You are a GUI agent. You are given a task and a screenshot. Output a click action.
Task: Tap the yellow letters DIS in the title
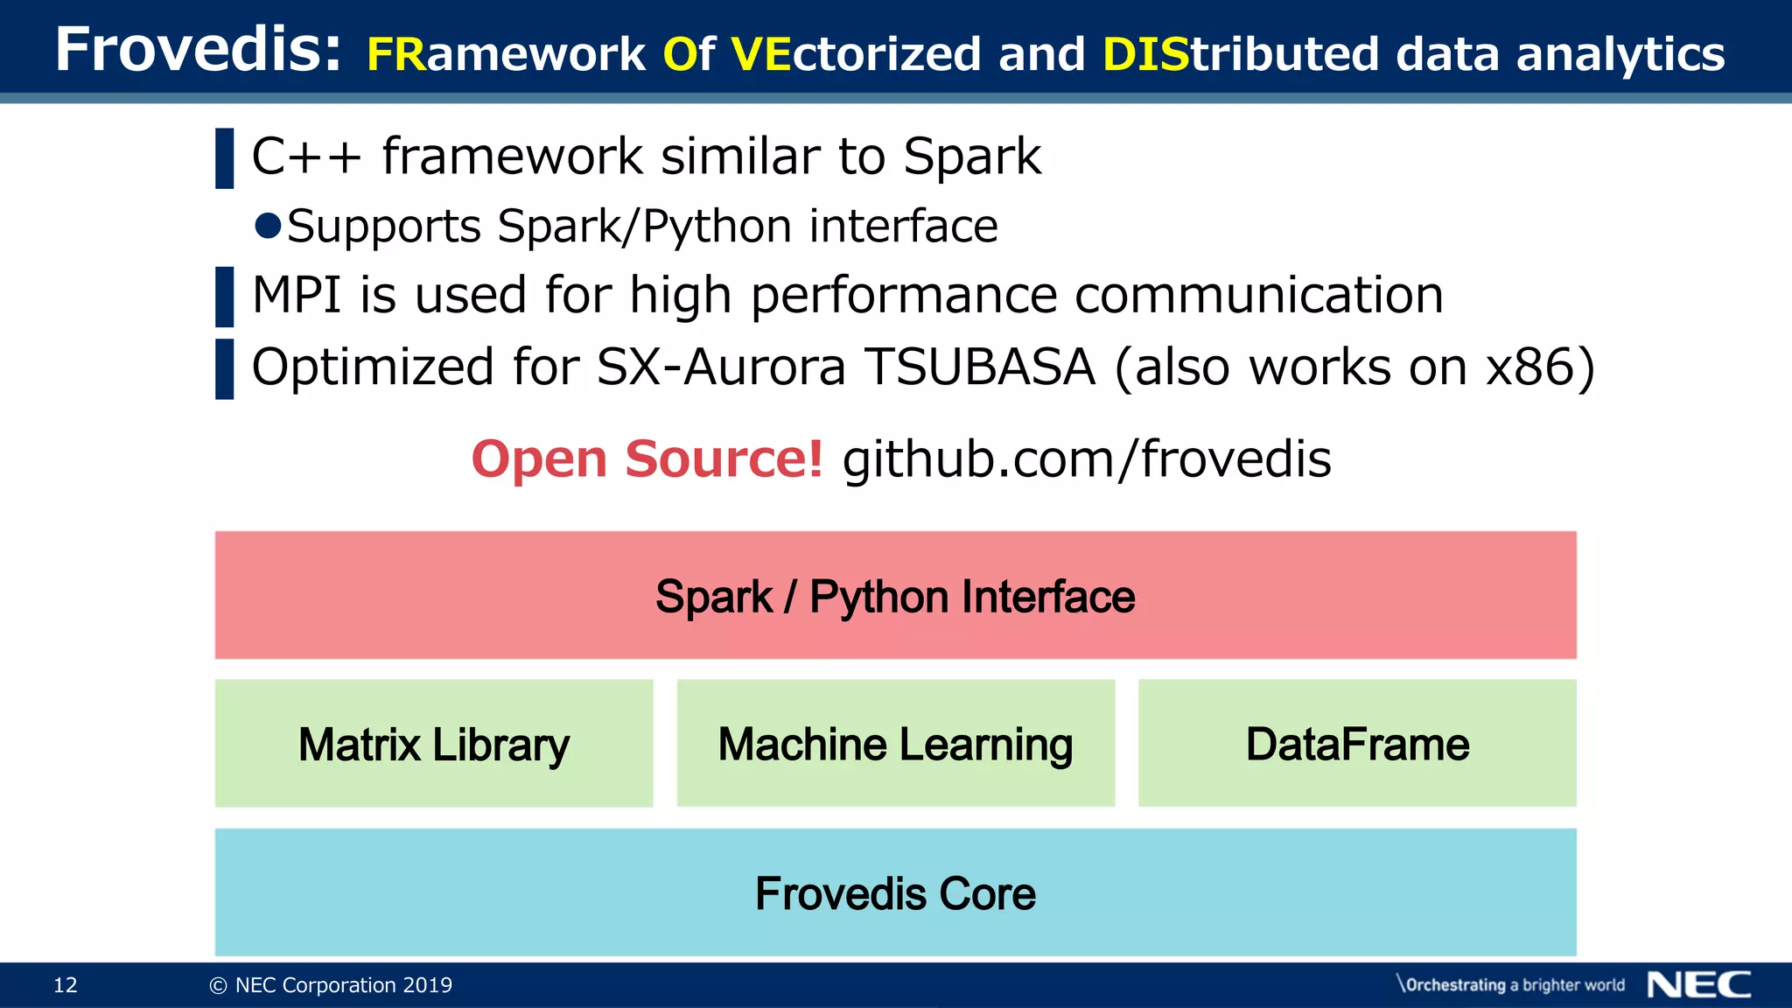[1144, 54]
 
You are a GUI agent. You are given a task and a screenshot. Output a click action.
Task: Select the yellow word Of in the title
[689, 54]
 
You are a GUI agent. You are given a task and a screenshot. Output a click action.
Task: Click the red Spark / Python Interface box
[895, 595]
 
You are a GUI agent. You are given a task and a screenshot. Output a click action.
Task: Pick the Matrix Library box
[433, 744]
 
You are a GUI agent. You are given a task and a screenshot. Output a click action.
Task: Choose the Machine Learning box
[895, 744]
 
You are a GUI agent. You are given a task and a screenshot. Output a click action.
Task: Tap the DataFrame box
[1356, 744]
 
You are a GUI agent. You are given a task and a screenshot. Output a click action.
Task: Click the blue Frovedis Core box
[895, 892]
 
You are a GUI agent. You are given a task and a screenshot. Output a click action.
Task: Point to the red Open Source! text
[647, 458]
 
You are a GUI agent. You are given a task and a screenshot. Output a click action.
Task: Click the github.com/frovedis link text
[1086, 458]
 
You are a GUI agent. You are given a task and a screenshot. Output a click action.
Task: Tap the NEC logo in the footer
[1698, 984]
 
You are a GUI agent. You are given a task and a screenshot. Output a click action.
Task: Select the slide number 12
[66, 985]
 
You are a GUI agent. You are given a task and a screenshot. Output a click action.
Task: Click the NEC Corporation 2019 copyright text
[331, 985]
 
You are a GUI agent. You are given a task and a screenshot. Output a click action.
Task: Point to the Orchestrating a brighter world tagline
[1511, 985]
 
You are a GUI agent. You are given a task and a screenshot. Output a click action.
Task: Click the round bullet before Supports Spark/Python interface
[268, 226]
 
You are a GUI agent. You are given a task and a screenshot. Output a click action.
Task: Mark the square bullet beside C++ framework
[225, 158]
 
